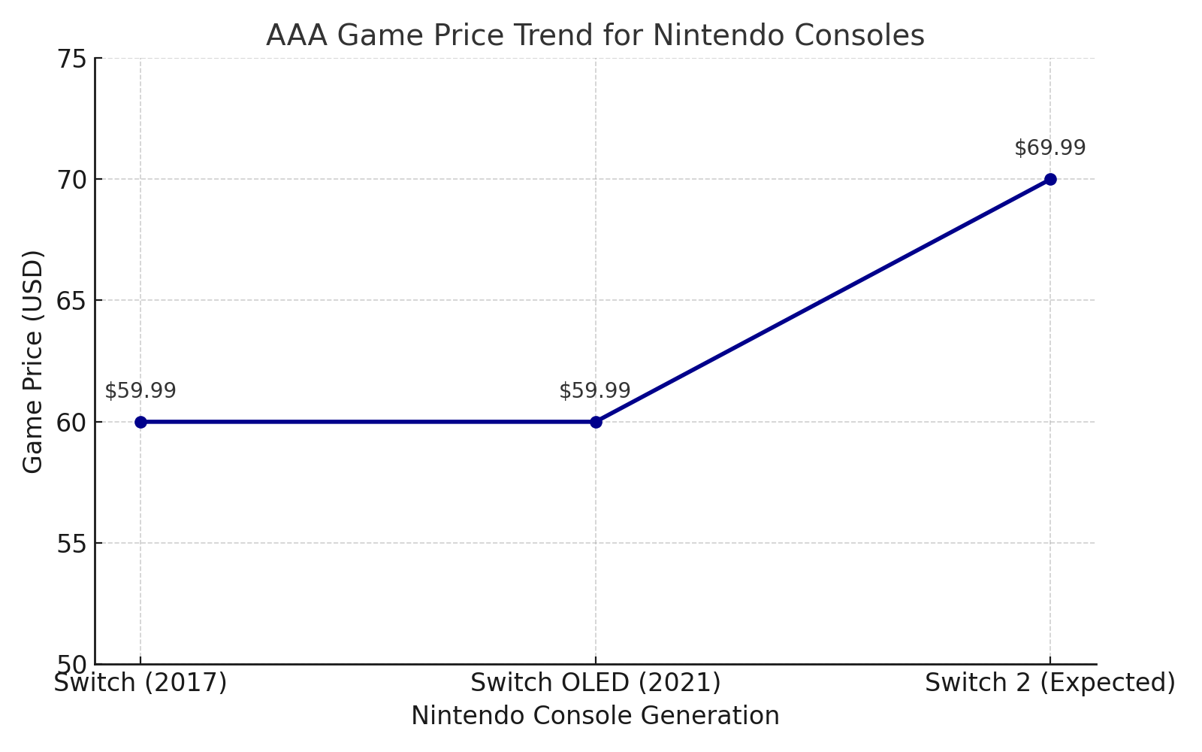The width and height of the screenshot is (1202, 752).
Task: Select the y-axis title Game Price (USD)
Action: (x=33, y=362)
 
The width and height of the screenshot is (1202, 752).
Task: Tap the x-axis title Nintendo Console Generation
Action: (x=595, y=716)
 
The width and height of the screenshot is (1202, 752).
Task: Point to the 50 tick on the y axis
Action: (x=71, y=665)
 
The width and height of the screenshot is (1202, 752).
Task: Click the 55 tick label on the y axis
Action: (x=71, y=543)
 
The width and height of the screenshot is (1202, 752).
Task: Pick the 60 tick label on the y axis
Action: (x=71, y=422)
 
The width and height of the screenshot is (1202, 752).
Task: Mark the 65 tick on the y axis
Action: (x=71, y=301)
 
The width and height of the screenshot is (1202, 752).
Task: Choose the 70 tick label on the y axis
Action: (x=71, y=180)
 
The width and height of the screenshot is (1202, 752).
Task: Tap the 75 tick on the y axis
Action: (x=71, y=59)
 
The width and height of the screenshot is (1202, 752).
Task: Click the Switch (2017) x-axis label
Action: (x=140, y=683)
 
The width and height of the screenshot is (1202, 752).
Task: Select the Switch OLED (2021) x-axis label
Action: (x=596, y=683)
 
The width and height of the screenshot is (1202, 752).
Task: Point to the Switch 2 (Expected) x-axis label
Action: (x=1049, y=683)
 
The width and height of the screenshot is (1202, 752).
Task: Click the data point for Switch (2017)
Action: (x=140, y=422)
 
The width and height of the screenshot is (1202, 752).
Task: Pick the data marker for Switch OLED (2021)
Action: (x=596, y=422)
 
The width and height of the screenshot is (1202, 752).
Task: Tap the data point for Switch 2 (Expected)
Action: (x=1050, y=179)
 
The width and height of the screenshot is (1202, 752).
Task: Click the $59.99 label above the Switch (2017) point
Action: (x=140, y=391)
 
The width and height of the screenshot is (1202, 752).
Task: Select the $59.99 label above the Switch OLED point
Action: (x=595, y=391)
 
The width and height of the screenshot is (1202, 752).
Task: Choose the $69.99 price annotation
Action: (x=1050, y=148)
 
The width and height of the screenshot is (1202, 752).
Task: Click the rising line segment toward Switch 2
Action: (x=823, y=301)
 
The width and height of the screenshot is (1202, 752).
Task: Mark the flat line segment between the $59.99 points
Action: (x=368, y=422)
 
